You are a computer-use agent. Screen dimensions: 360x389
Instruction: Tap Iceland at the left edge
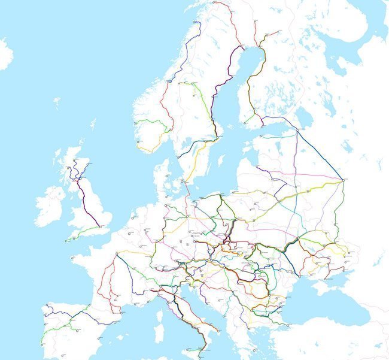pos(5,54)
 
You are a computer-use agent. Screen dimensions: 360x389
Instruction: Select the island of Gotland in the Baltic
pos(222,161)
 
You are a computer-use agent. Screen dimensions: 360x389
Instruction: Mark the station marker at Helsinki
pos(262,126)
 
